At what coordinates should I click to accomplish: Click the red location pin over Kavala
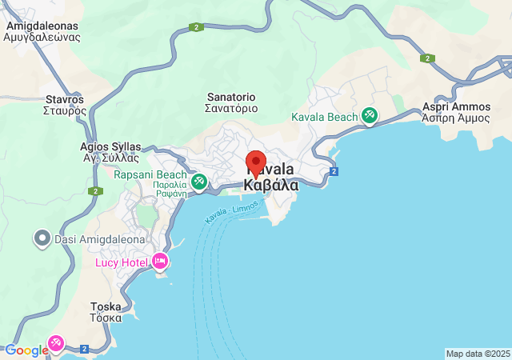coord(256,164)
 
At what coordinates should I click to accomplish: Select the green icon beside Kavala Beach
coord(369,117)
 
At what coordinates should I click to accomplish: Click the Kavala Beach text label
coord(324,118)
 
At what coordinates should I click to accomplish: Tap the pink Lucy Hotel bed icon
coord(160,261)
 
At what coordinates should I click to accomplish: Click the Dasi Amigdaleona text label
coord(100,239)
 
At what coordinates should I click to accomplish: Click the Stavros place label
coord(65,100)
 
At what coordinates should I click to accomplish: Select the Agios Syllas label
coord(110,146)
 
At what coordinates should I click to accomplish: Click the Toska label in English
coord(106,306)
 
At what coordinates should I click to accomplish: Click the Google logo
coord(26,350)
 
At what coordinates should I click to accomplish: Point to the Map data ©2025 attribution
coord(477,354)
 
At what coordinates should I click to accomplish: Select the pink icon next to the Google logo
coord(57,344)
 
